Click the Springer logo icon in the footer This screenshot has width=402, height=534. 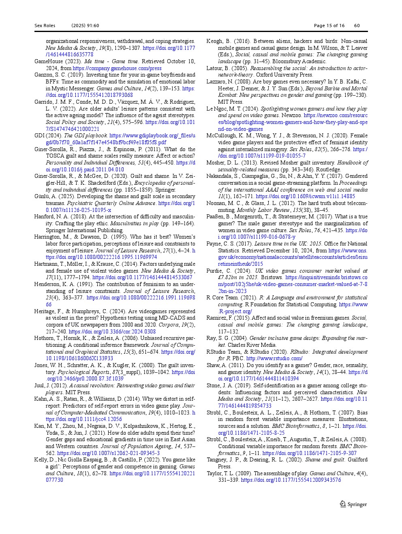(342, 504)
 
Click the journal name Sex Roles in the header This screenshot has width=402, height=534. (45, 26)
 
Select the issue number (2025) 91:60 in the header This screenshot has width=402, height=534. (85, 26)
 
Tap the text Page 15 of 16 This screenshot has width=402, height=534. (329, 26)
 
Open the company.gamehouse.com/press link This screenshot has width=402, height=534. (117, 68)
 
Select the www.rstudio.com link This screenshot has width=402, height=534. (274, 359)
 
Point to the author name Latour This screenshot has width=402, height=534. (215, 68)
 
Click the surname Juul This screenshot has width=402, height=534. (40, 386)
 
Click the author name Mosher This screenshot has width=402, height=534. (216, 163)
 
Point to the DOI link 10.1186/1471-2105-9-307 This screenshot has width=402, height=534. (310, 453)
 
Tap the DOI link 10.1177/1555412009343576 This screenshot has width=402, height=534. (291, 480)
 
